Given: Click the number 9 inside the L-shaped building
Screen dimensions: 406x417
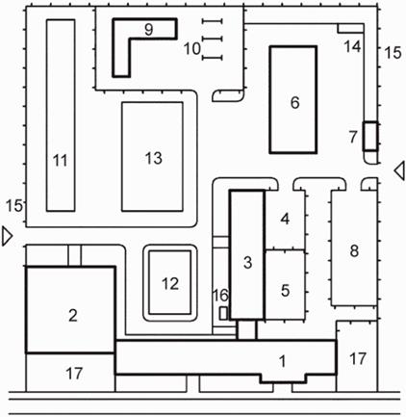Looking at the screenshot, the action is pos(148,30).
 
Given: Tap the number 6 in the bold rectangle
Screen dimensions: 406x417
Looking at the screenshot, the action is pos(294,103).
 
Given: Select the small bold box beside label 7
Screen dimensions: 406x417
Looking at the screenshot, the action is pos(370,136).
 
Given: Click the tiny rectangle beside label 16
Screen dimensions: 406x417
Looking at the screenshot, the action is pos(223,313).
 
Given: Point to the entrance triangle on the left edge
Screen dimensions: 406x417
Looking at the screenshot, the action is pos(7,237).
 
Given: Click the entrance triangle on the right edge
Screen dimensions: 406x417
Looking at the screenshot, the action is pos(399,170).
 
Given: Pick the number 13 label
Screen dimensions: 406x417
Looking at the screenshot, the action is pos(154,158).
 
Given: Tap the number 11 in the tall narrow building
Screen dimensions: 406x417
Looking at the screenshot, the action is pos(61,160).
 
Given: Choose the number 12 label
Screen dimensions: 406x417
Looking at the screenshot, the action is pos(170,283).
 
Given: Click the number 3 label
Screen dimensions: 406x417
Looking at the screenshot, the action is pos(247,263).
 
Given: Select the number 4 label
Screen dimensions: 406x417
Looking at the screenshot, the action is pos(285,219).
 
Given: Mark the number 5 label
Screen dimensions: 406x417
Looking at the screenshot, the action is pos(285,291).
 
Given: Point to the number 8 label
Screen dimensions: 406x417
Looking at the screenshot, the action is pos(354,250).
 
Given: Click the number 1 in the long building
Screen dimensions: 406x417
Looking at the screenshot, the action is pos(282,362).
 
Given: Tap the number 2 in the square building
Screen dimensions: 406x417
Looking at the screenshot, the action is pos(73,316).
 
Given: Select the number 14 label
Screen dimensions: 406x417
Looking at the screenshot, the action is pos(352,47).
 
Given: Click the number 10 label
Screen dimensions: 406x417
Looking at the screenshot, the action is pos(192,49).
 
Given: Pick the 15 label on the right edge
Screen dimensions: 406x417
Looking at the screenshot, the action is pos(393,53).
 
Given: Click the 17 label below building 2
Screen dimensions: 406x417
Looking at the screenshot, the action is pos(74,374).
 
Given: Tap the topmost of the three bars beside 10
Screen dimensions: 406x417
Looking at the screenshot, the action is pos(213,21).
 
